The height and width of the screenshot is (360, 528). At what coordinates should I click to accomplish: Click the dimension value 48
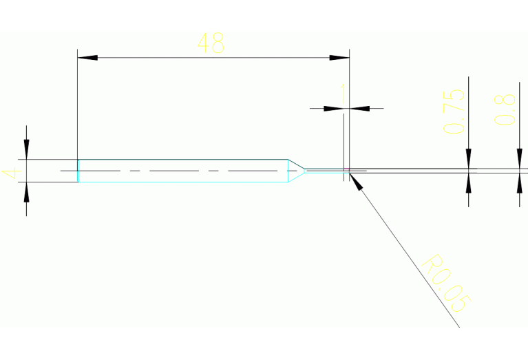point(211,43)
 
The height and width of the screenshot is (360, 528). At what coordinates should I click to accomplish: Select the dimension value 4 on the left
point(10,172)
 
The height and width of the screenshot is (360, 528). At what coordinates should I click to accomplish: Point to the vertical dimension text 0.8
point(505,109)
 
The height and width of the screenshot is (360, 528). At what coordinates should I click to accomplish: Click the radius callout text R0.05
point(447,283)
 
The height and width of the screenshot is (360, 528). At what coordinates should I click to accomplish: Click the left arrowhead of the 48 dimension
point(87,57)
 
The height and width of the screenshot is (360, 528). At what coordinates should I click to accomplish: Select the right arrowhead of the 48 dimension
point(340,57)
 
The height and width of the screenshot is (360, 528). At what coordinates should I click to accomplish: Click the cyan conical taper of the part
point(297,170)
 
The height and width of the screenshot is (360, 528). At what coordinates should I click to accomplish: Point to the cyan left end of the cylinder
point(78,171)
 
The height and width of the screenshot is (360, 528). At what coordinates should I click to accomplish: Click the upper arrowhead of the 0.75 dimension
point(468,159)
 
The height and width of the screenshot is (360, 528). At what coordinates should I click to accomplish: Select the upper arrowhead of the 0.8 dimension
point(518,159)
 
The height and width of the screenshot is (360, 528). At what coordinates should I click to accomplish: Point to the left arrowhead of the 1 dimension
point(334,108)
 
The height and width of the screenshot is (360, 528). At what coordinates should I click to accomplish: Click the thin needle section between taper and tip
point(324,170)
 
